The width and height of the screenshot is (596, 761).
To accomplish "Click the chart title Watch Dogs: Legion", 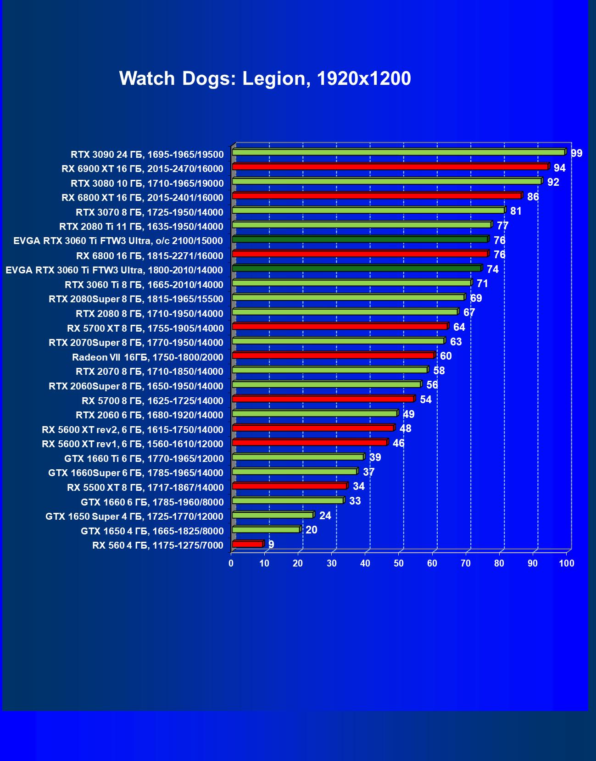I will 265,78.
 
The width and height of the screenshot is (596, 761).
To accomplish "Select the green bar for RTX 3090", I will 398,152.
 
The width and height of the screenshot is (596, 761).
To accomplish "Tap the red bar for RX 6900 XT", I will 390,167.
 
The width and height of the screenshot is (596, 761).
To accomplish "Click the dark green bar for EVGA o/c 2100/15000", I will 360,239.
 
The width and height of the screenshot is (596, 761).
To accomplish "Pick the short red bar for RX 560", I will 248,544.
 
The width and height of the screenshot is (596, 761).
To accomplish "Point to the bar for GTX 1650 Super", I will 273,515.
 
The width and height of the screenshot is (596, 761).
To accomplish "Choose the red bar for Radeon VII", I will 333,356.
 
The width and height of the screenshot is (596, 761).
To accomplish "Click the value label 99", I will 576,153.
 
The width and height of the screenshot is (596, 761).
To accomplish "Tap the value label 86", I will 533,197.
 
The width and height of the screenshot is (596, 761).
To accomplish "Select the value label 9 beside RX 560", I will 271,544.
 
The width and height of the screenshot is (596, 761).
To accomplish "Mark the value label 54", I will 426,400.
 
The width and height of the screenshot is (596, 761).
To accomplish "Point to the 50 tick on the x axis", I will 399,563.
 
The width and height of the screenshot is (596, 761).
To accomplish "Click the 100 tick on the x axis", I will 567,563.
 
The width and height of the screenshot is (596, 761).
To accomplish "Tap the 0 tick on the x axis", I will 231,563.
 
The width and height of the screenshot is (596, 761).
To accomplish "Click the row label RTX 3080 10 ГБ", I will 147,183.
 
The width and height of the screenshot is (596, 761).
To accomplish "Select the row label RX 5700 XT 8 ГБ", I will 145,328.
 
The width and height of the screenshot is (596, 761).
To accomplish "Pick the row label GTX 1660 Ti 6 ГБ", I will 144,459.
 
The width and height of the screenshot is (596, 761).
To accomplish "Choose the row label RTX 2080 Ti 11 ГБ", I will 141,227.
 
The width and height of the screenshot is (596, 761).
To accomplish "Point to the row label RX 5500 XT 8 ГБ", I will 145,488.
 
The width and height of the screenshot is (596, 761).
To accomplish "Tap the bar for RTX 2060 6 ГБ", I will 315,414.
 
